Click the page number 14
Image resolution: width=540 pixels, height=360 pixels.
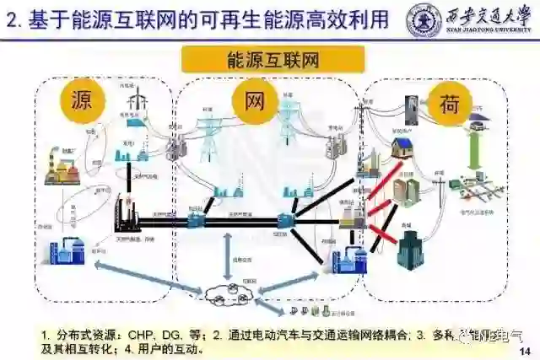pyautogui.click(x=524, y=351)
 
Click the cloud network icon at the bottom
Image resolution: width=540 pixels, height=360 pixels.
pyautogui.click(x=226, y=294)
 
